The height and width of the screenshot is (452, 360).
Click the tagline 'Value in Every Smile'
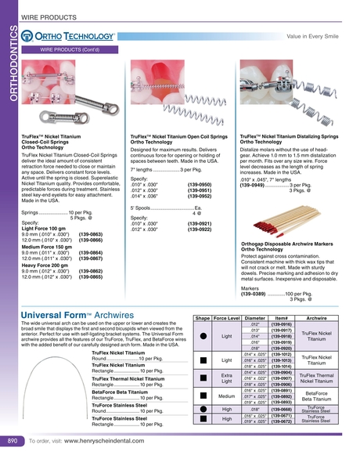(x=316, y=35)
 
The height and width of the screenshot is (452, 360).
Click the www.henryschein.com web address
(x=106, y=441)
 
